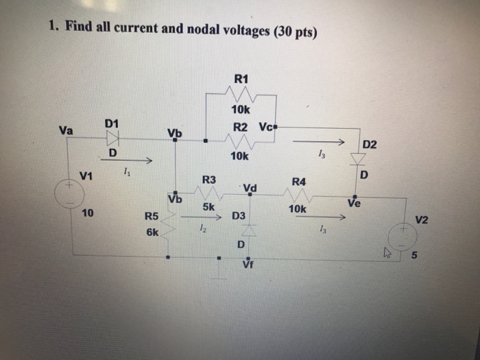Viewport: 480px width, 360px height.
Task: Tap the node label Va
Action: [67, 129]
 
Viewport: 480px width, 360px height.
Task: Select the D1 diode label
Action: [112, 123]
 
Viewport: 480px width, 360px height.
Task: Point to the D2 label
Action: [370, 145]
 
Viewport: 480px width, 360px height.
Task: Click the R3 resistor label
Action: [209, 180]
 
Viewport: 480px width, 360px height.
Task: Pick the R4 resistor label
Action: [299, 182]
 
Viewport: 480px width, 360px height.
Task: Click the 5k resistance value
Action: [210, 206]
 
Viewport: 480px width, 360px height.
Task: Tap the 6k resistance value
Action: [152, 232]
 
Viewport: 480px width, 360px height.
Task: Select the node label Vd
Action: [249, 188]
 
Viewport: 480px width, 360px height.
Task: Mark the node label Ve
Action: [354, 203]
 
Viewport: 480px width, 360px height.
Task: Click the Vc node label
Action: [267, 128]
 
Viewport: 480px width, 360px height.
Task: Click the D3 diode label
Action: [239, 216]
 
